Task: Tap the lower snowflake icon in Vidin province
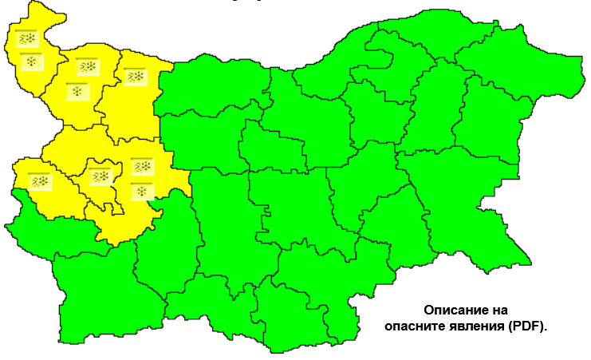point(30,61)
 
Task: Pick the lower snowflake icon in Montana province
point(77,89)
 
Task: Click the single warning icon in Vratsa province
point(135,77)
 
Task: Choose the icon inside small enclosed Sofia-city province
point(101,176)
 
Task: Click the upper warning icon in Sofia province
point(142,167)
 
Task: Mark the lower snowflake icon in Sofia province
point(141,190)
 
